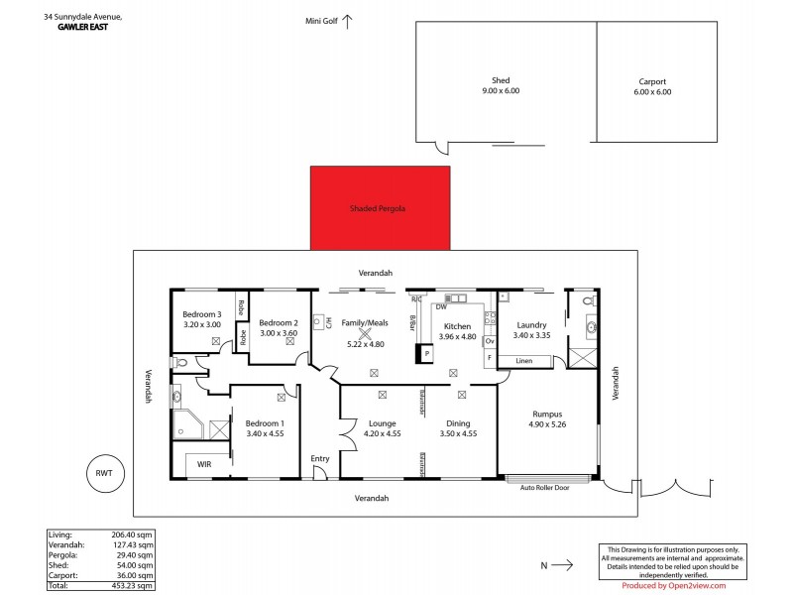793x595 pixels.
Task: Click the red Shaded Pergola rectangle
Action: click(380, 208)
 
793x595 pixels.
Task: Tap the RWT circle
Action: click(104, 473)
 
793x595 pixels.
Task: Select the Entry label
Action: click(319, 458)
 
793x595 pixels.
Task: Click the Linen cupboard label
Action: click(523, 360)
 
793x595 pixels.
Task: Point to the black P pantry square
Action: click(426, 353)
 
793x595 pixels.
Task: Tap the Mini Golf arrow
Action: click(348, 19)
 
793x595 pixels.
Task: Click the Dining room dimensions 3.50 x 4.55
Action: click(458, 432)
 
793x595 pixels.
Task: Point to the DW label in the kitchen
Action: click(440, 307)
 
